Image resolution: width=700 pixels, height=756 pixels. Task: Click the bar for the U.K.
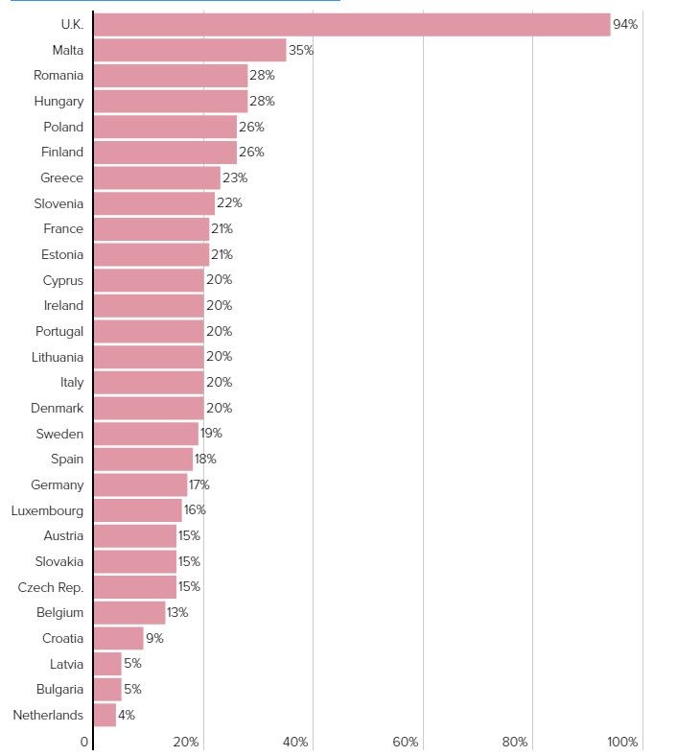click(352, 24)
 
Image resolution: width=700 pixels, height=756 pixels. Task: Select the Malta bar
click(190, 50)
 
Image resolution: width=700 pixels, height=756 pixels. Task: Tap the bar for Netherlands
click(105, 715)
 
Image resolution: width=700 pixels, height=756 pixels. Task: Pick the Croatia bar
click(119, 638)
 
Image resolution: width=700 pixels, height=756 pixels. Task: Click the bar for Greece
click(157, 177)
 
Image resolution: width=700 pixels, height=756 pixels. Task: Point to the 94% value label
click(625, 24)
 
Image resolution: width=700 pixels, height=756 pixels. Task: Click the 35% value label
click(301, 50)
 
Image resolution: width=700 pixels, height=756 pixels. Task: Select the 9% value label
click(154, 638)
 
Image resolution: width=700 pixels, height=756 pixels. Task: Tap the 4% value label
click(127, 715)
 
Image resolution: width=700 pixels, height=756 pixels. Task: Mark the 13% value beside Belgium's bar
click(177, 612)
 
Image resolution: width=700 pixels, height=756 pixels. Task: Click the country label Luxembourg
click(47, 510)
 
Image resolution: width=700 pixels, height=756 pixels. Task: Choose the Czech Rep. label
click(51, 587)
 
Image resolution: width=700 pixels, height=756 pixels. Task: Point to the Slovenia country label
click(58, 203)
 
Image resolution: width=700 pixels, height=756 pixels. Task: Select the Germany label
click(57, 484)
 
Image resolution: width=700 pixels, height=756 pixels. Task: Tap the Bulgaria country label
click(58, 689)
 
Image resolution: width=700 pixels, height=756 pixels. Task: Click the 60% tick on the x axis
click(406, 742)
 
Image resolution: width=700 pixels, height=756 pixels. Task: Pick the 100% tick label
click(622, 742)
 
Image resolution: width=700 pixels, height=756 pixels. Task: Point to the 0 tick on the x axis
click(84, 742)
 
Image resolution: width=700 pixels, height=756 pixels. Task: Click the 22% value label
click(229, 203)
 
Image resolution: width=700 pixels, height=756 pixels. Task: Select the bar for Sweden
click(146, 434)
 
